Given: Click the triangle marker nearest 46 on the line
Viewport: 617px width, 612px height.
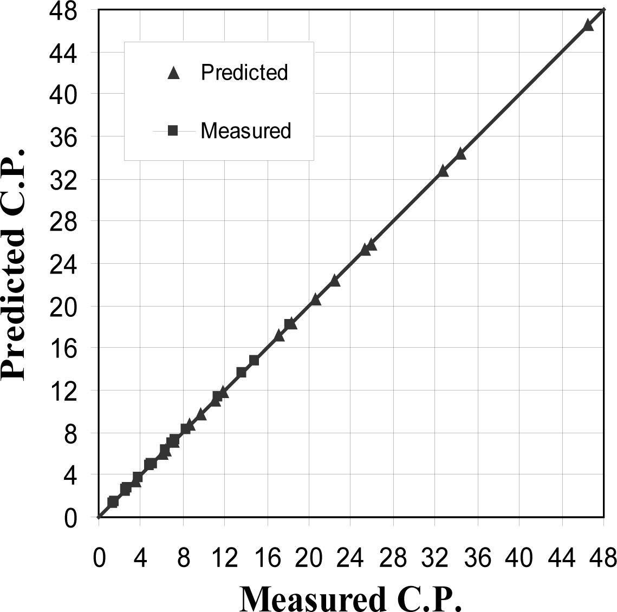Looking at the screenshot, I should point(588,25).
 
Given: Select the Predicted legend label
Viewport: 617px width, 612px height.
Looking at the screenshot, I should point(244,72).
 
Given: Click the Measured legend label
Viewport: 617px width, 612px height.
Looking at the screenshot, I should point(245,131).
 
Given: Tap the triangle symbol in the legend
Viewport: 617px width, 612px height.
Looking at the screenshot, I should point(173,73).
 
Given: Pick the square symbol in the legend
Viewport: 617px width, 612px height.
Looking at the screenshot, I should point(173,131).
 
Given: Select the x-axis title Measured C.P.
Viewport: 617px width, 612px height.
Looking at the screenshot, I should point(351,598).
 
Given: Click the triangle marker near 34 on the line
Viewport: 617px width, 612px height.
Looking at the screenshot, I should point(460,154).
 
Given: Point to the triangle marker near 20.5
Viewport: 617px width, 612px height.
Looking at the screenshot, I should point(315,300).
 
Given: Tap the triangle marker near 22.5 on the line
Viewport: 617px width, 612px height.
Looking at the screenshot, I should point(334,281).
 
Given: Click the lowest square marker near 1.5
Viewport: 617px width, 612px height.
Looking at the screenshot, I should point(113,502).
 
